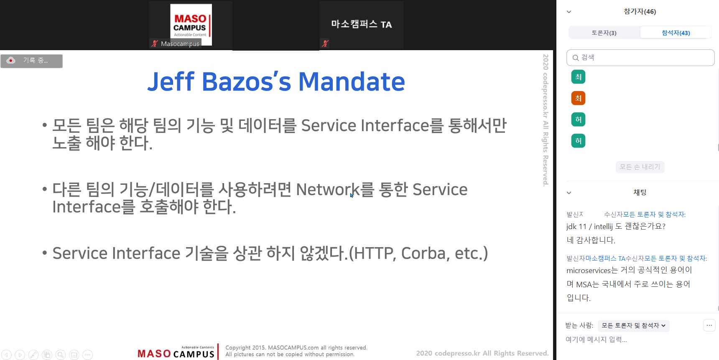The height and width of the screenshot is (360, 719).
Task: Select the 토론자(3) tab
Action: click(x=604, y=33)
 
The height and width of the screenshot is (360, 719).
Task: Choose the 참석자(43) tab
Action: click(x=676, y=33)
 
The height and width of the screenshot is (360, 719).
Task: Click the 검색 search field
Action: click(x=640, y=58)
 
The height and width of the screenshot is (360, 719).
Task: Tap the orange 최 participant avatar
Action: click(x=579, y=98)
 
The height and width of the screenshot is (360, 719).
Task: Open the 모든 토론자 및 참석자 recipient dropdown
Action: click(x=633, y=325)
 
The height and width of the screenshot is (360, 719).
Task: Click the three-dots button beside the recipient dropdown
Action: click(x=709, y=325)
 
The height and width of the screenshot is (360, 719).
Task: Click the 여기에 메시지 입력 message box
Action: click(x=597, y=340)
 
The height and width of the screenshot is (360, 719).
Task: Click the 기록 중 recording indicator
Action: click(x=31, y=61)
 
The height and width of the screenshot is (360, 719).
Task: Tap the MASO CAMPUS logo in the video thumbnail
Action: click(x=191, y=24)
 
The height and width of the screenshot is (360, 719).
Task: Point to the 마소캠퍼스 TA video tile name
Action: click(x=362, y=24)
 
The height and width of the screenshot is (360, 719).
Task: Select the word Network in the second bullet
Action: click(x=327, y=189)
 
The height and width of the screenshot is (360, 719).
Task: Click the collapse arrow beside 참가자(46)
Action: click(x=569, y=12)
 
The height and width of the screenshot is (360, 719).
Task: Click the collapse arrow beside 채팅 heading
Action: click(x=569, y=193)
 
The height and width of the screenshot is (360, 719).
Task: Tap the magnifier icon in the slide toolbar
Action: click(x=61, y=355)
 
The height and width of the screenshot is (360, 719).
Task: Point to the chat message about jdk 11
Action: click(x=616, y=226)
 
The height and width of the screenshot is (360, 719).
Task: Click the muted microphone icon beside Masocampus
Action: click(x=155, y=43)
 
